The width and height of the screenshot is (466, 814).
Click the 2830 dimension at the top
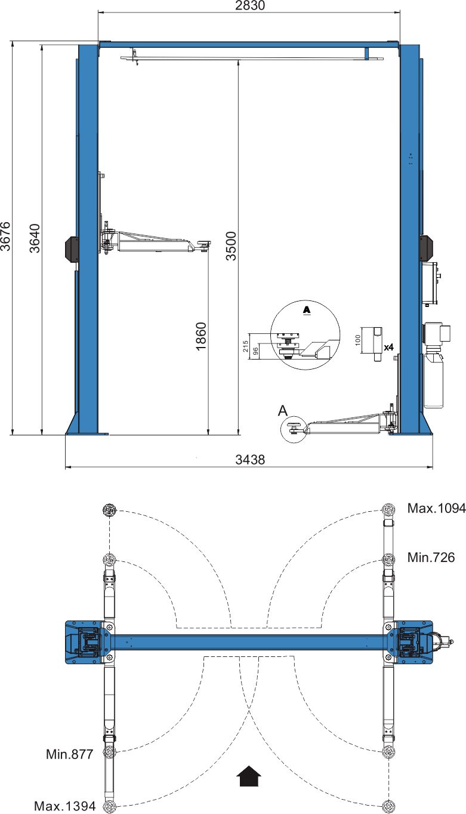click(x=249, y=6)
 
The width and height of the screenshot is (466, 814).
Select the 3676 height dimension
click(x=6, y=236)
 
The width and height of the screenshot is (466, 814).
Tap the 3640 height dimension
click(x=35, y=238)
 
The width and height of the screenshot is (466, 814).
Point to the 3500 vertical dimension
click(x=231, y=246)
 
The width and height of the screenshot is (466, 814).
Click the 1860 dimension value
click(x=201, y=336)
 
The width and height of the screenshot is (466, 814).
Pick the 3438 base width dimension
click(x=250, y=459)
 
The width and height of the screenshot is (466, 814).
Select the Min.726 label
click(x=431, y=557)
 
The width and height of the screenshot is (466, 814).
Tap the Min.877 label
click(x=70, y=754)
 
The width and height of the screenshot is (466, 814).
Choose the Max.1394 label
click(x=64, y=806)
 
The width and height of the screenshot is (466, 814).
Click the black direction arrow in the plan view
click(x=249, y=776)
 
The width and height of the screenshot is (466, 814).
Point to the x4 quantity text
click(x=388, y=347)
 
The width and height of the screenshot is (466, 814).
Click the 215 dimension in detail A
click(x=246, y=346)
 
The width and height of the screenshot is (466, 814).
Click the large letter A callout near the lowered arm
click(x=283, y=410)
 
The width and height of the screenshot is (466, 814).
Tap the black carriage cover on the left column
click(x=72, y=248)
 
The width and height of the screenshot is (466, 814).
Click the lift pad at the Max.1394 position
click(x=109, y=807)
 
